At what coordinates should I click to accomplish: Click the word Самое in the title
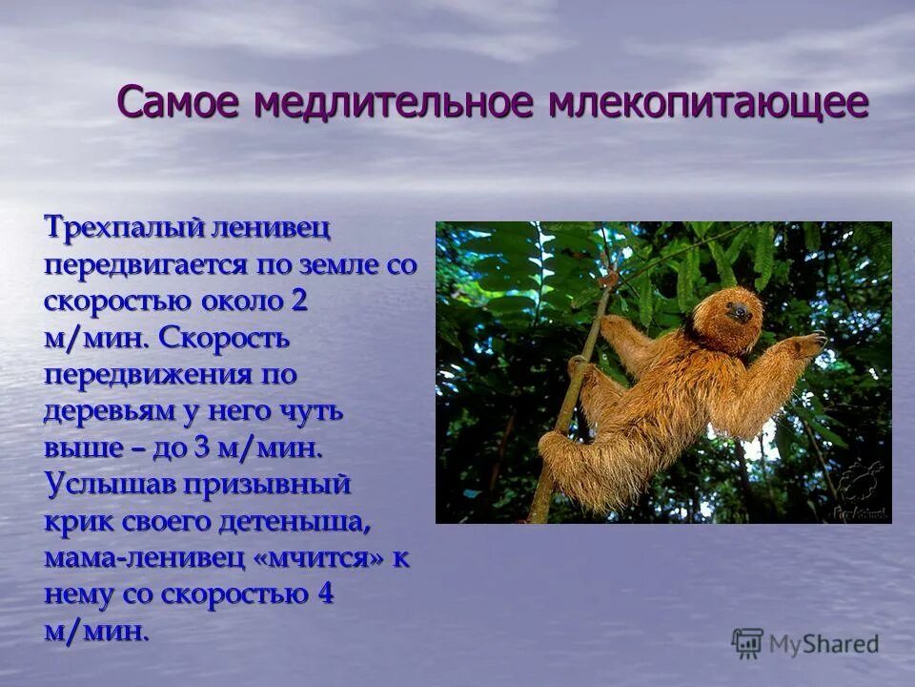click(x=178, y=102)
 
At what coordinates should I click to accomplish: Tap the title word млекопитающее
click(x=708, y=102)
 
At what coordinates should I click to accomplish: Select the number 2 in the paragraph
click(x=299, y=302)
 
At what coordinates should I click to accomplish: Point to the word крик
click(x=75, y=522)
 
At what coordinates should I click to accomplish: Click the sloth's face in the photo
click(x=739, y=310)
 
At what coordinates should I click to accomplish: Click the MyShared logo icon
click(x=747, y=644)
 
